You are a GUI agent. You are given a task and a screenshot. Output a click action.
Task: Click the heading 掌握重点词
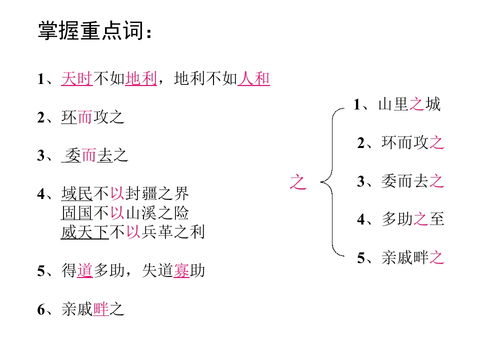coord(91,30)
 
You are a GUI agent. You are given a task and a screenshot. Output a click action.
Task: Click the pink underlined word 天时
coord(77,78)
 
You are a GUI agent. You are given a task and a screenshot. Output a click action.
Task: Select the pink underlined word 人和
coord(254,78)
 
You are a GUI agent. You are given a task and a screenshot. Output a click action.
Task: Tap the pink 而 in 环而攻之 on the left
coord(85,117)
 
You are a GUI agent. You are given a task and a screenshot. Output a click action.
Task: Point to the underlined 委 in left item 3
coord(73,155)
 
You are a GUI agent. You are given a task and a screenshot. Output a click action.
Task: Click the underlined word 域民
coord(77,193)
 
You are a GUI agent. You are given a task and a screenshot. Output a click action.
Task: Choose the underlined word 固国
coord(77,213)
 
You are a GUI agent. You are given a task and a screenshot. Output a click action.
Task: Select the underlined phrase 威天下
coord(85,232)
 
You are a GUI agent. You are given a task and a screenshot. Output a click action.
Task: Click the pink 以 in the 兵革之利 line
coord(133,232)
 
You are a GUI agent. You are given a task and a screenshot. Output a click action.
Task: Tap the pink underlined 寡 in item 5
coord(181,270)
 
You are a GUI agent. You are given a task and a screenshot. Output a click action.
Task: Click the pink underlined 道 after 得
coord(85,270)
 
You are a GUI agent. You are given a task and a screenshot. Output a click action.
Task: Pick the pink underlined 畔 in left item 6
coord(101,309)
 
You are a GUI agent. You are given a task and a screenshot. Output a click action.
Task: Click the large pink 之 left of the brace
coord(298,182)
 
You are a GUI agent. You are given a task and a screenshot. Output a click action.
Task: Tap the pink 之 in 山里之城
coord(416,104)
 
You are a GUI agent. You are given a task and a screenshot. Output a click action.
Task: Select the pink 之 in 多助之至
coord(420,219)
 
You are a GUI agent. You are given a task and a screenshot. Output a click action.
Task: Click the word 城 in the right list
coord(433,104)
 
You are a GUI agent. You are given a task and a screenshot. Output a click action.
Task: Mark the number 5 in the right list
coord(361,258)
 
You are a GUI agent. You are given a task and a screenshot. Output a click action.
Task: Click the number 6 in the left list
coord(41,309)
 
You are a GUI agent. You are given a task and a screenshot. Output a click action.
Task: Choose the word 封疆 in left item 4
coord(141,193)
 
